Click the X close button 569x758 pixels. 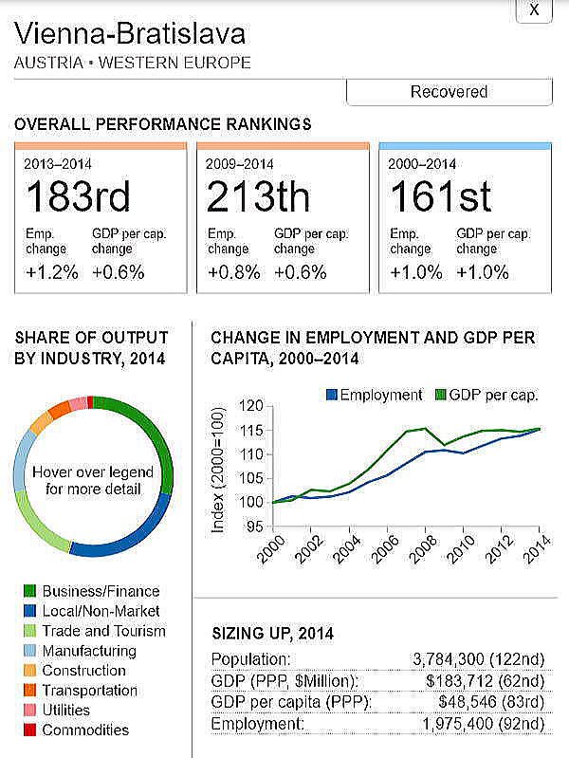click(x=534, y=9)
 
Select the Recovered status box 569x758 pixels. click(x=449, y=92)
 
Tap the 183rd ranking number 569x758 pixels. click(x=78, y=197)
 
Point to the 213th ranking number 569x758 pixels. click(x=258, y=197)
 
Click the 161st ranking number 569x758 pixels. click(x=441, y=197)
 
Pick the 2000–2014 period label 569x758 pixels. click(x=422, y=163)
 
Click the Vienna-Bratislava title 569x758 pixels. click(x=130, y=35)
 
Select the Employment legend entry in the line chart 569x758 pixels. click(x=374, y=395)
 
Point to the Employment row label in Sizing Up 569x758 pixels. click(x=249, y=724)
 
